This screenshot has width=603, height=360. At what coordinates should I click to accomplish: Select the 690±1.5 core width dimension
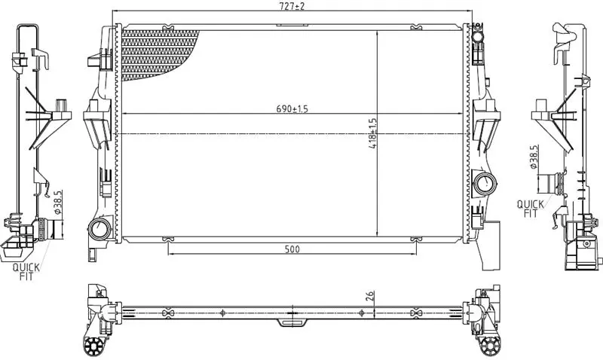[x=292, y=109]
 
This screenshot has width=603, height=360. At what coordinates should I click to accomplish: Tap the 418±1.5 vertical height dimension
[x=372, y=133]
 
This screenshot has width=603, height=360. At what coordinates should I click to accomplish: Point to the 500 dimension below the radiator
[x=292, y=249]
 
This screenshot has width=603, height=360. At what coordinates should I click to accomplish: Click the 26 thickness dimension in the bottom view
[x=369, y=296]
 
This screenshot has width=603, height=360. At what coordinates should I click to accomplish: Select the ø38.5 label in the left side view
[x=58, y=202]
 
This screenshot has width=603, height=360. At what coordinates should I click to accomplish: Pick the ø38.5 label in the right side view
[x=533, y=157]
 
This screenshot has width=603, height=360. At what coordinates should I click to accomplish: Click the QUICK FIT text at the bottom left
[x=26, y=272]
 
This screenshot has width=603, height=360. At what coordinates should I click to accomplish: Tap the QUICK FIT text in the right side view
[x=531, y=209]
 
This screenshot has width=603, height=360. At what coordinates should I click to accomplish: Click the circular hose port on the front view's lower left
[x=99, y=229]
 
